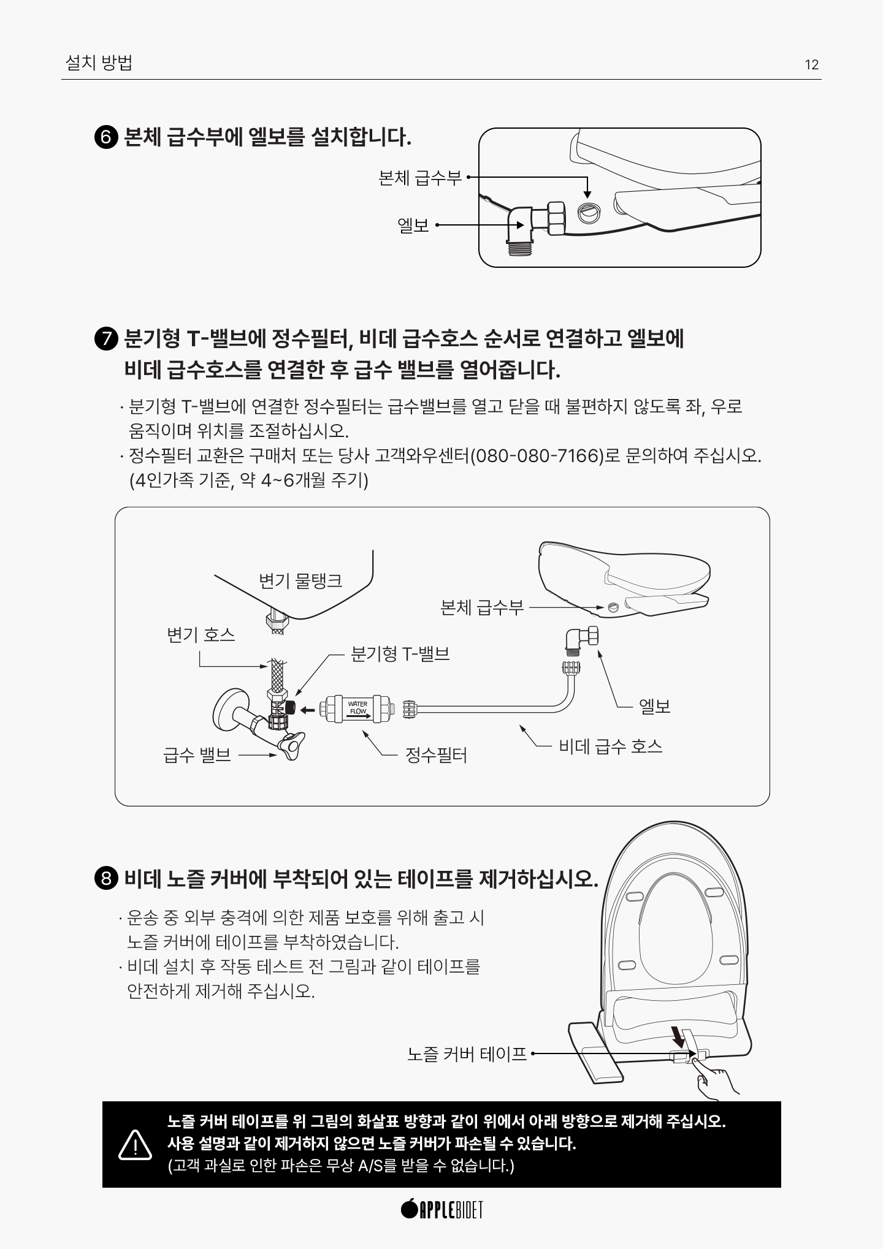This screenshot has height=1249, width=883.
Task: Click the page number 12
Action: tap(811, 65)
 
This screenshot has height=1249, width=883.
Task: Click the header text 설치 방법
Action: tap(99, 63)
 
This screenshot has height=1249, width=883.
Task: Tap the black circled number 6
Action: tap(106, 137)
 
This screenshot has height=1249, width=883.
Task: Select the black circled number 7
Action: tap(106, 339)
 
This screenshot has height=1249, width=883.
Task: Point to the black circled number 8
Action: tap(106, 879)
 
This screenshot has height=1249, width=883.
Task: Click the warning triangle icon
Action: tap(135, 1144)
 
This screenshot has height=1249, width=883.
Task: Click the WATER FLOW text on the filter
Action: tap(357, 708)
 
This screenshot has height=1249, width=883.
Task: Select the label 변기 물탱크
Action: tap(300, 581)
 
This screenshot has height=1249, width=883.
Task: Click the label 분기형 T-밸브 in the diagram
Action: tap(400, 654)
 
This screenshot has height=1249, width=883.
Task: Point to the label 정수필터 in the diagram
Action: tap(437, 755)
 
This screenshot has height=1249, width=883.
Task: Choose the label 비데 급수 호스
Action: tap(611, 746)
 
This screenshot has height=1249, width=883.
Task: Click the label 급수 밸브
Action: tap(197, 755)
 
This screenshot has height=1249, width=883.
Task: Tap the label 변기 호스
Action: tap(201, 634)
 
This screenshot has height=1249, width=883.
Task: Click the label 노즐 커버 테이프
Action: tap(467, 1054)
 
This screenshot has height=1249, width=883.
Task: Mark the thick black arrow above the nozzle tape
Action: tap(678, 1038)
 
